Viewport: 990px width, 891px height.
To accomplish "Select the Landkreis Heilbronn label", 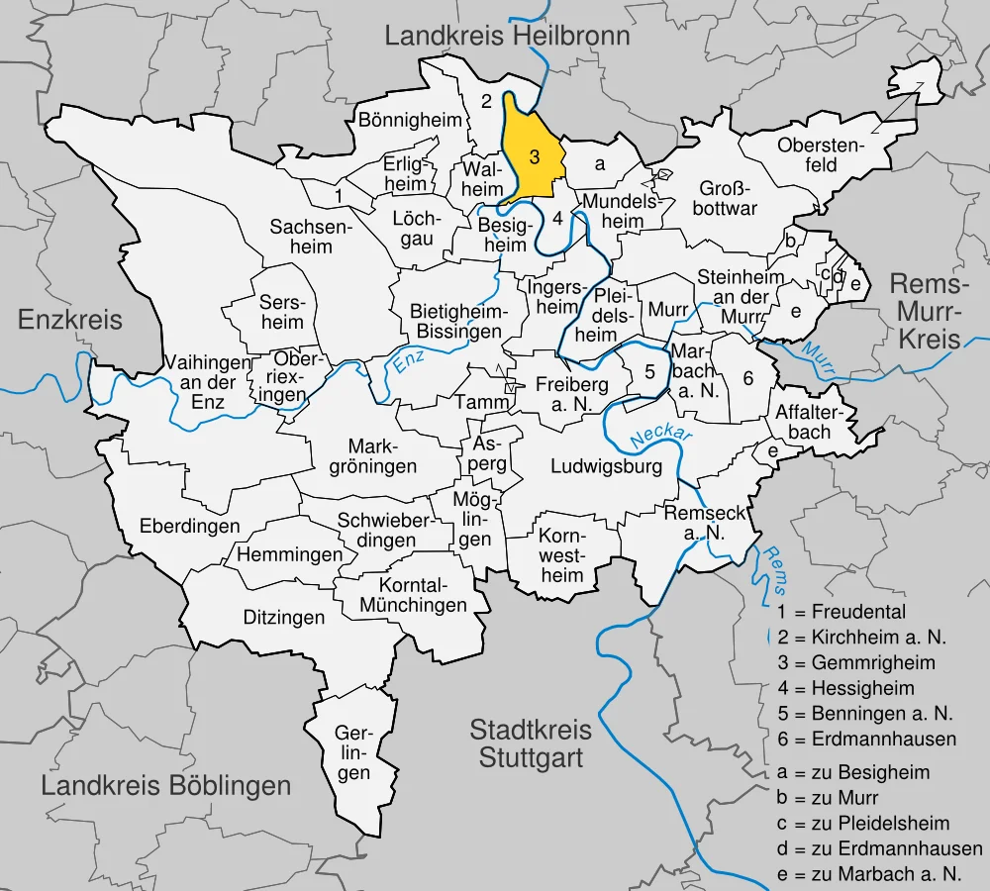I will pos(507,38).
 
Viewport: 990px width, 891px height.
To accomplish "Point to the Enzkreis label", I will pos(70,320).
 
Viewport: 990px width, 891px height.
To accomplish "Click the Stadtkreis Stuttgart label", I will pos(531,744).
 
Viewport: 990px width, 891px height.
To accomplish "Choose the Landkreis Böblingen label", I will pos(166,786).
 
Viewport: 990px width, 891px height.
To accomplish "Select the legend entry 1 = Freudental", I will pos(841,612).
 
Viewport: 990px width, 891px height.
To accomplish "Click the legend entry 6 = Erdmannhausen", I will pos(867,739).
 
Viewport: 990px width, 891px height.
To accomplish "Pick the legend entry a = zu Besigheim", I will pos(853,772).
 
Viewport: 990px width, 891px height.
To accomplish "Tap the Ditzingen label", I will pos(284,618).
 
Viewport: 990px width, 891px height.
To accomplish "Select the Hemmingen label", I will pos(289,555).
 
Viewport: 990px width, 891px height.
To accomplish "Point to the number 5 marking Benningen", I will pos(649,372).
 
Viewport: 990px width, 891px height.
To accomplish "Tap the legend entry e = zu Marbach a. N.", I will pos(880,874).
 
